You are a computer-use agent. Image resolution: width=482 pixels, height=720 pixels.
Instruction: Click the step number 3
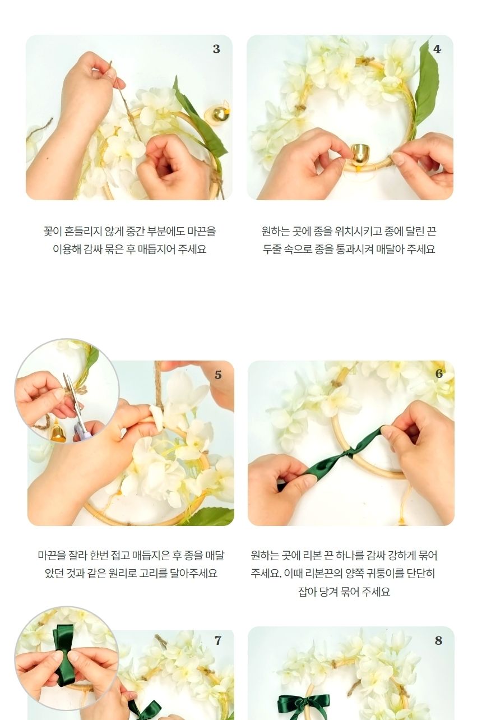click(216, 49)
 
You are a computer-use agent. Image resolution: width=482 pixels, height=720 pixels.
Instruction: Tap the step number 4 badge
click(437, 49)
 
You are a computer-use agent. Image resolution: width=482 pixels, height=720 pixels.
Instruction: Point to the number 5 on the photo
click(218, 375)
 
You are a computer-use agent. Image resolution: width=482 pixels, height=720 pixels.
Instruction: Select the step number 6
click(439, 374)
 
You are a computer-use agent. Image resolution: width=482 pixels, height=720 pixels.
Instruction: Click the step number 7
click(218, 640)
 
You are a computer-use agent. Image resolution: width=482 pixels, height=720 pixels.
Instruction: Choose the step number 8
click(438, 640)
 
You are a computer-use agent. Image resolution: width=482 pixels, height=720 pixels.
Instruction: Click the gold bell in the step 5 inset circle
click(58, 432)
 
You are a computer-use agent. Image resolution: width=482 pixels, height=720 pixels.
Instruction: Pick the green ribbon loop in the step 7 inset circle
click(64, 639)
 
